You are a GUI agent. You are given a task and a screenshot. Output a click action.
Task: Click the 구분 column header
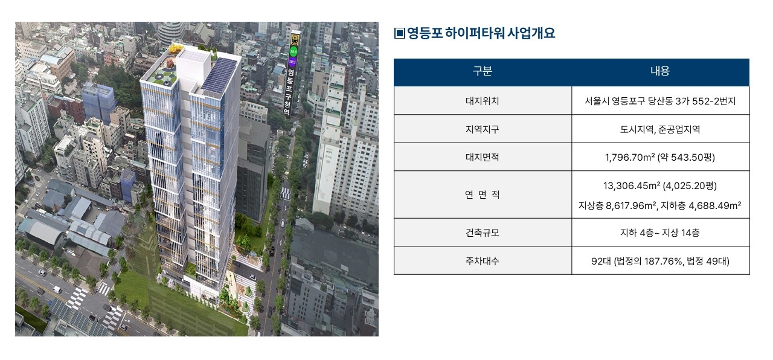(482, 71)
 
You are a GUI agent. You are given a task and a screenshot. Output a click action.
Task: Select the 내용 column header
(660, 71)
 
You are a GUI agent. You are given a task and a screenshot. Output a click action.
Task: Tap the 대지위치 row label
(482, 101)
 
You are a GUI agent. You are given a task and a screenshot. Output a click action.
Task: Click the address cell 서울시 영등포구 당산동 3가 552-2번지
(660, 101)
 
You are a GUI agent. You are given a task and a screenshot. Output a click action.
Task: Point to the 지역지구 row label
(482, 129)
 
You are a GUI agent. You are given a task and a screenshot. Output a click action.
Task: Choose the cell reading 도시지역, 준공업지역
(660, 129)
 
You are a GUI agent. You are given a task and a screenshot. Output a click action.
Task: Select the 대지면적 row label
(482, 157)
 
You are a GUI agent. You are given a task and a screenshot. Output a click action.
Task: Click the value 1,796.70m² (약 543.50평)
(660, 157)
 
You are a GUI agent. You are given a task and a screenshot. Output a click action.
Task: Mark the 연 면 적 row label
(482, 194)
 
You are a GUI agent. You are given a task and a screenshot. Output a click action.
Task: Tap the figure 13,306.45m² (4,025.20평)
(660, 185)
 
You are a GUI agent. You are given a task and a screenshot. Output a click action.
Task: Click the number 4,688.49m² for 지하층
(714, 205)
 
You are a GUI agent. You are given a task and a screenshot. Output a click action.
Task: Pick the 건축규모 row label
(482, 233)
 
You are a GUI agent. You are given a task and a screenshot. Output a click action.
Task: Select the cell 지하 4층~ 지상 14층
(660, 233)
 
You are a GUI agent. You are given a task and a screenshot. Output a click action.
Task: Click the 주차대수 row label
(482, 261)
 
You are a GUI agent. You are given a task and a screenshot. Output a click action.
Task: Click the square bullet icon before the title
(400, 33)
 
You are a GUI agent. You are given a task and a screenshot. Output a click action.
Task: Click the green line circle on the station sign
(293, 52)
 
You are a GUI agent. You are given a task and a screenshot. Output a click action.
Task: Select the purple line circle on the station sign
(293, 62)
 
